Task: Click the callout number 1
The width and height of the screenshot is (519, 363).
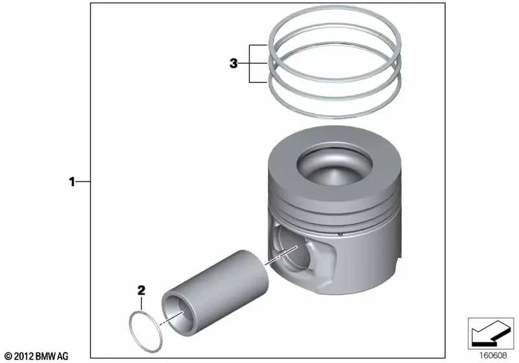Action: pyautogui.click(x=73, y=182)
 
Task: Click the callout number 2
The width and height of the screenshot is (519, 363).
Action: pyautogui.click(x=140, y=290)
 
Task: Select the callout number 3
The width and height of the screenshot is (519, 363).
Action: pyautogui.click(x=234, y=64)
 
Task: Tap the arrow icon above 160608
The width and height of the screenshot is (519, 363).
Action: pyautogui.click(x=486, y=333)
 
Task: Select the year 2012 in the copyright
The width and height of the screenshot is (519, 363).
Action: pyautogui.click(x=23, y=356)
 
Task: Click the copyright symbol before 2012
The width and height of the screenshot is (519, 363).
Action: pyautogui.click(x=7, y=356)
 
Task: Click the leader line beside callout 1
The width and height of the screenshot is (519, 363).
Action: pyautogui.click(x=83, y=182)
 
